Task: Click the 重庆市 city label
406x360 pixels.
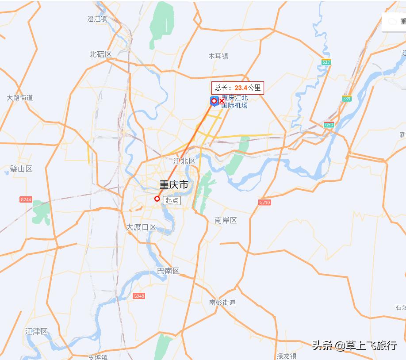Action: click(173, 185)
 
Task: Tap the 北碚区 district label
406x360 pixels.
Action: click(100, 54)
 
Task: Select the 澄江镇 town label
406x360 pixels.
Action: click(97, 19)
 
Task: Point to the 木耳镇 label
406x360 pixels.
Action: click(218, 56)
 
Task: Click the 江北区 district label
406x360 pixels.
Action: click(184, 161)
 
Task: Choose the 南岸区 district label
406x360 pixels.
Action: click(226, 220)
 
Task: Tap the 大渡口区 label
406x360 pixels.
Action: click(141, 227)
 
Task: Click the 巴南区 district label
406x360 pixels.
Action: click(168, 271)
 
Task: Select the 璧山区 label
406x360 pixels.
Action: click(21, 169)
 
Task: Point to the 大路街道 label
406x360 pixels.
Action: click(20, 98)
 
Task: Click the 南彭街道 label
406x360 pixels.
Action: click(222, 303)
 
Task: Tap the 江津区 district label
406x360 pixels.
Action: click(36, 331)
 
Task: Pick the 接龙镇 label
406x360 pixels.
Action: click(286, 356)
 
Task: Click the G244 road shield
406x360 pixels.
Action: click(26, 200)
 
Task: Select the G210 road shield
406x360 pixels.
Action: click(264, 203)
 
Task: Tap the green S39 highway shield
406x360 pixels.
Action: click(347, 99)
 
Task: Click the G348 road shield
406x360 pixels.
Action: click(139, 296)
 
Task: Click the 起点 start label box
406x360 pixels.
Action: click(172, 200)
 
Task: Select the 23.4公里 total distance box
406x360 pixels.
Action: click(237, 88)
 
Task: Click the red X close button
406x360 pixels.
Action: click(222, 101)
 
